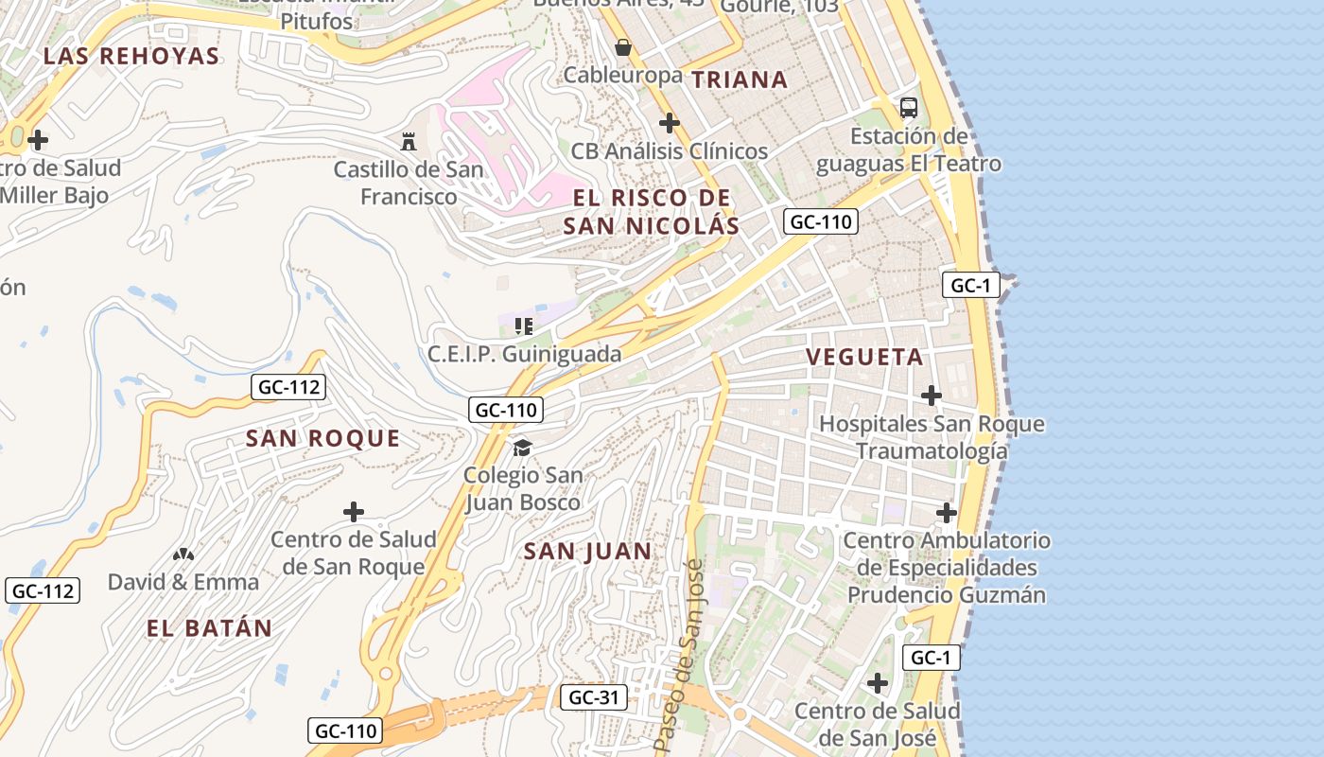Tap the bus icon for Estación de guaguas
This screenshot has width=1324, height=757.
point(909,107)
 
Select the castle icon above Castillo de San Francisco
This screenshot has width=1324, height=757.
point(409,142)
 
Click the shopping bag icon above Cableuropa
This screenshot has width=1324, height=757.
point(623,46)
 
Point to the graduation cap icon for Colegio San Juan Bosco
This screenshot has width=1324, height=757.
point(522,447)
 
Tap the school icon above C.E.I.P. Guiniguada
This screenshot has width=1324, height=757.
point(524,326)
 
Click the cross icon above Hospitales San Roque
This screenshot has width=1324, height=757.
point(932,395)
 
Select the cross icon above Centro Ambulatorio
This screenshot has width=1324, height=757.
point(947,513)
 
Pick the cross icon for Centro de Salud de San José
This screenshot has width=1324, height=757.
point(878,682)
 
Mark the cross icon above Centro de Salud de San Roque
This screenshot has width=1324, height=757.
point(354,512)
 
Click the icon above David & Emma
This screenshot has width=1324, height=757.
point(183,554)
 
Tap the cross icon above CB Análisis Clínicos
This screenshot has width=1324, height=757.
point(670,123)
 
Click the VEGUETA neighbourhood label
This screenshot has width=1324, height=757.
point(864,357)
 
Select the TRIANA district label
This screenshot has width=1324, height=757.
point(740,79)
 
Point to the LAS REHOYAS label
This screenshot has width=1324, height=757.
point(131,56)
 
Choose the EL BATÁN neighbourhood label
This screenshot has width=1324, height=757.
point(209,627)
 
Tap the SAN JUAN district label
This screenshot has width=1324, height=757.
point(587,551)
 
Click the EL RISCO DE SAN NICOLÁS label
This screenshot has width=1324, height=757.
point(652,211)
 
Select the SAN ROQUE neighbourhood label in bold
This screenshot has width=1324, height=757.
point(322,438)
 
